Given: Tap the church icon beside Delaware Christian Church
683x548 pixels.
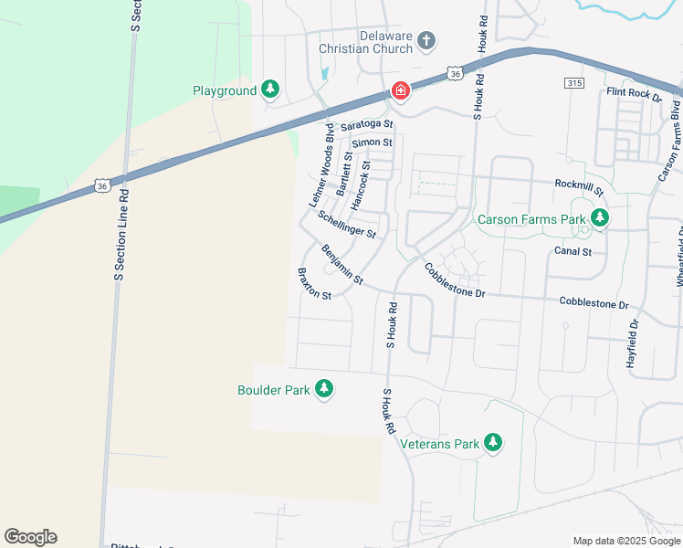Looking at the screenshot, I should click(x=426, y=40).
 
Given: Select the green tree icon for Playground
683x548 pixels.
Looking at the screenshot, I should click(x=269, y=90).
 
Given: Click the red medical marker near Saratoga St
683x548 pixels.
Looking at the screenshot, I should click(x=400, y=90).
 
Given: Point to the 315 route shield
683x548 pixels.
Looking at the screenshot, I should click(x=573, y=83).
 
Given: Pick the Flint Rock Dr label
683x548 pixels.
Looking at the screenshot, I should click(x=634, y=93).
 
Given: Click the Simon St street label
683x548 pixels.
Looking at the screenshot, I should click(x=372, y=142).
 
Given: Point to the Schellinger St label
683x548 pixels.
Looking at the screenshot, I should click(x=347, y=224).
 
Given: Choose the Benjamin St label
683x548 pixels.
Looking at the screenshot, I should click(x=342, y=263).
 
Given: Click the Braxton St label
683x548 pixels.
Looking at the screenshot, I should click(x=314, y=283).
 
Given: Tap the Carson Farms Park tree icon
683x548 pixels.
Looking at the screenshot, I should click(x=600, y=218).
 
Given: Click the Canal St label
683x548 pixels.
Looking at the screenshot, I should click(x=573, y=251).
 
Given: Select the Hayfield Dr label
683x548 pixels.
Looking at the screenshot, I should click(x=633, y=342).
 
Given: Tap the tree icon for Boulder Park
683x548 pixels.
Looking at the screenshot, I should click(x=323, y=389).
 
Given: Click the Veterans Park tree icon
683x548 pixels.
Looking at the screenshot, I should click(x=493, y=443).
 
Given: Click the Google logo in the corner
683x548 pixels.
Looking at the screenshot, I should click(x=30, y=537).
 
